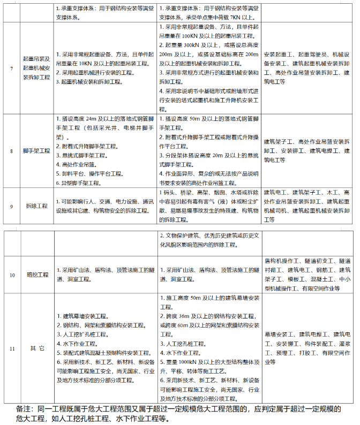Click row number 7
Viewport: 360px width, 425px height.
pyautogui.click(x=12, y=70)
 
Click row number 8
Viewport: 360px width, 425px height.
pyautogui.click(x=12, y=151)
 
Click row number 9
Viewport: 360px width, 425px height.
pyautogui.click(x=12, y=206)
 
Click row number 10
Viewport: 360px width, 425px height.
pyautogui.click(x=12, y=275)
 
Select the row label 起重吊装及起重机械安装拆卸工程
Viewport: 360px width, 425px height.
pyautogui.click(x=36, y=70)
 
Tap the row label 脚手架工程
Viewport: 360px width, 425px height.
pyautogui.click(x=36, y=151)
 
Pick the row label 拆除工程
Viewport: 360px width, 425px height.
pyautogui.click(x=36, y=206)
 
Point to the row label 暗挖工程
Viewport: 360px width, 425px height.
pyautogui.click(x=36, y=275)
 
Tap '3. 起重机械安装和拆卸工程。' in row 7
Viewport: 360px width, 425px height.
pyautogui.click(x=93, y=82)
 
